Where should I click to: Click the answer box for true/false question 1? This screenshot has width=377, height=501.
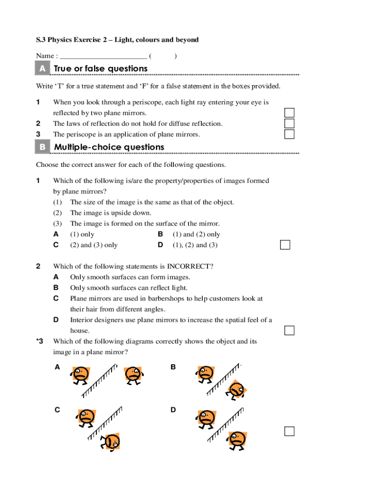(x=289, y=113)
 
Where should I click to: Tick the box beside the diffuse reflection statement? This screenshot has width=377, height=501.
(x=289, y=124)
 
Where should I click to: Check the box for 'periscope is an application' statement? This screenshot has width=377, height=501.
(x=289, y=134)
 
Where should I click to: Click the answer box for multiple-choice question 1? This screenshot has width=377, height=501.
(x=285, y=245)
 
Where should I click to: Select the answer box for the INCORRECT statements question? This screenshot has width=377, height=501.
(x=289, y=331)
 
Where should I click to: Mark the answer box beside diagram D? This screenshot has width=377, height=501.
(x=289, y=431)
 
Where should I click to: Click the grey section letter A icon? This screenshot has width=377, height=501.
(x=43, y=69)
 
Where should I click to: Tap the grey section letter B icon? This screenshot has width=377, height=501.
(x=43, y=147)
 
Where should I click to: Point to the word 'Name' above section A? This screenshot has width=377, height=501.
(x=45, y=56)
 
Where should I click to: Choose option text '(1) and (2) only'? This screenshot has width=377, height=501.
(x=196, y=234)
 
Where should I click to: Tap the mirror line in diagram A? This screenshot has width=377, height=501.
(x=100, y=380)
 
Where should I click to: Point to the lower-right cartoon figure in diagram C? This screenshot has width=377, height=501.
(x=112, y=442)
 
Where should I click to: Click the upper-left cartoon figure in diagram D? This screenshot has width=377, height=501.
(x=206, y=419)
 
